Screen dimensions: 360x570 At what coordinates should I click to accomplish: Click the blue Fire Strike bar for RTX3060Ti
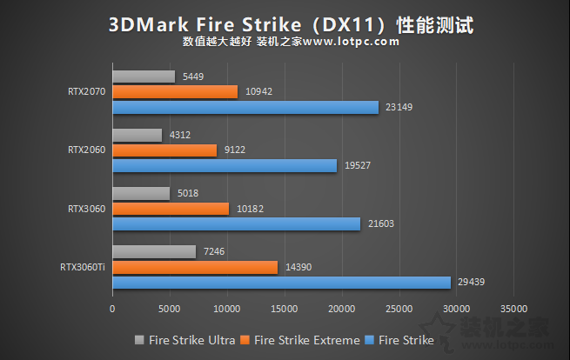pos(281,283)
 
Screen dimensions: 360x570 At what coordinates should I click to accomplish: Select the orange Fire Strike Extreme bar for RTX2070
pos(175,91)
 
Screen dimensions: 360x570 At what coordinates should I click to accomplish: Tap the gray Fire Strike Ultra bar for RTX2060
pos(137,135)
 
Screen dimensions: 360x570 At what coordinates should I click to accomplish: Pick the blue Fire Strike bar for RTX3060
pos(236,223)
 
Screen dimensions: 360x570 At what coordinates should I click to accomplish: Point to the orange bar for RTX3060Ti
pos(195,267)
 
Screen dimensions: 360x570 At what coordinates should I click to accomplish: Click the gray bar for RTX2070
pos(144,77)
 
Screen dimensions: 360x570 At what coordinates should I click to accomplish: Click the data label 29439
pos(471,283)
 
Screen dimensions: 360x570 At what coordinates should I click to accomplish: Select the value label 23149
pos(398,107)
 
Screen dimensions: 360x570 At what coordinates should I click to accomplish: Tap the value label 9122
pos(235,150)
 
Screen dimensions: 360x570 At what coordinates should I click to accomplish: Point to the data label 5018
pos(188,193)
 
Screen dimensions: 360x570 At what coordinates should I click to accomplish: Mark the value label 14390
pos(296,267)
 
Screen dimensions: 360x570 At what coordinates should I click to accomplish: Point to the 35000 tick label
pos(514,308)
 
